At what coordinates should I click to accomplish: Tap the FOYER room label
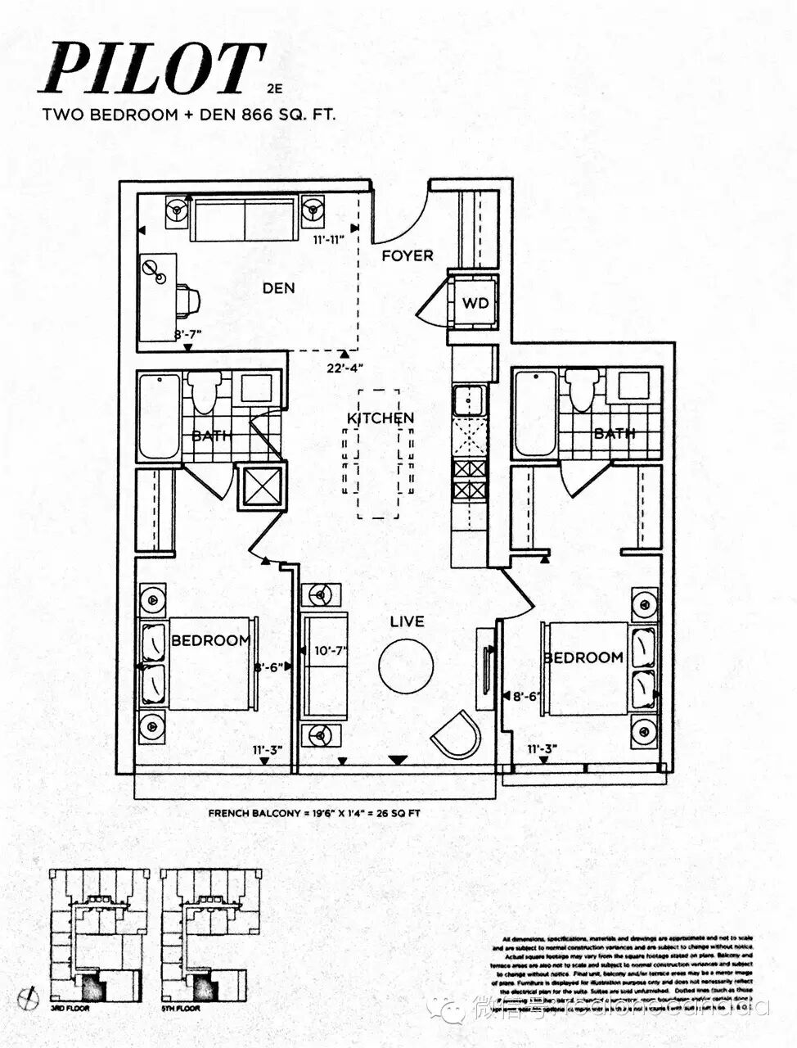coord(407,255)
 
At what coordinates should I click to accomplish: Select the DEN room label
coord(278,288)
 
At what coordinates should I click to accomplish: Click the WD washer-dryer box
coord(475,303)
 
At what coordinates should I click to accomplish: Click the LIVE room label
coord(407,621)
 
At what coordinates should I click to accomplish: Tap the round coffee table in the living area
coord(406,665)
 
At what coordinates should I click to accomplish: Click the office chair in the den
coord(187,300)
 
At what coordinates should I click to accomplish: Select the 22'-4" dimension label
coord(344,368)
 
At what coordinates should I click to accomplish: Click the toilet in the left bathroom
coord(204,391)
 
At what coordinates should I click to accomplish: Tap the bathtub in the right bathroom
coord(536,413)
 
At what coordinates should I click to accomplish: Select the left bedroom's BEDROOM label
coord(210,640)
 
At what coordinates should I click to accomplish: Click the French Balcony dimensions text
coord(314,814)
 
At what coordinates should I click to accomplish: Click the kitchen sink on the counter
coord(470,400)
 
